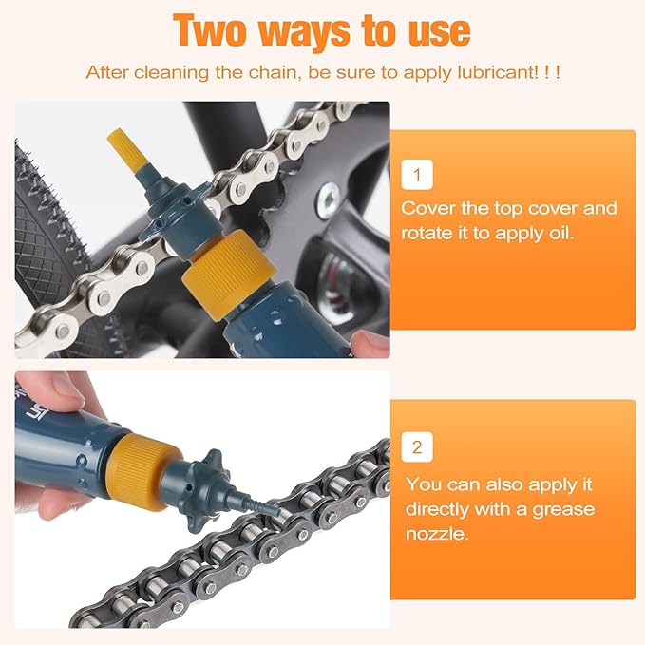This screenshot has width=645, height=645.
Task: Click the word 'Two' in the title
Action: coord(211,30)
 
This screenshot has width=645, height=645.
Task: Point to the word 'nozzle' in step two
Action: coord(435,534)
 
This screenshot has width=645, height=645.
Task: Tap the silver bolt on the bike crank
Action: coord(331,199)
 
